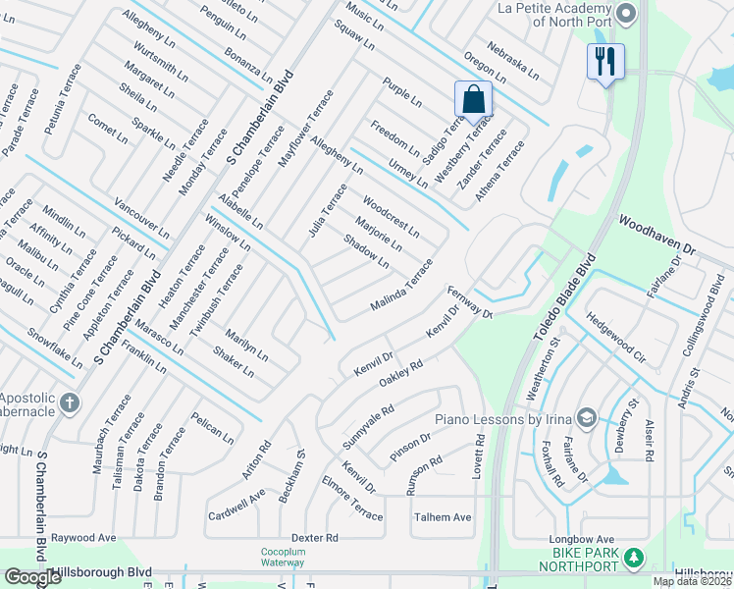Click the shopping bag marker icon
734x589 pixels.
tap(473, 99)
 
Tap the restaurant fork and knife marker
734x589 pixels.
tap(604, 62)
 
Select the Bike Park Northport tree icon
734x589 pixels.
tap(634, 558)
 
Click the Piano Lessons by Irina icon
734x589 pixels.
tap(587, 417)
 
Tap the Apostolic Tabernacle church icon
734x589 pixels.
tap(69, 402)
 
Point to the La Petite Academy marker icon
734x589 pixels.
tap(630, 12)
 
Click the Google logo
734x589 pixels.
tap(32, 577)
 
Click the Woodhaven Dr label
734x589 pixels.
tap(655, 238)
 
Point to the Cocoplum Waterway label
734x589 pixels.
tap(284, 557)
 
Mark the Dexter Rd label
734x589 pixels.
tap(314, 538)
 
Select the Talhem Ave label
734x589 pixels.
tap(442, 517)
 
